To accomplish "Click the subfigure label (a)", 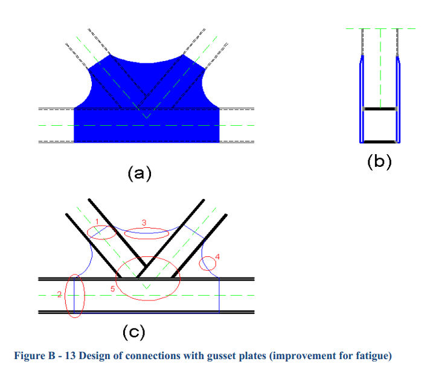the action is (x=140, y=173).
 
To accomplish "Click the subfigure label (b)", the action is (x=379, y=161).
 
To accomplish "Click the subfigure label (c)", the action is (x=133, y=332).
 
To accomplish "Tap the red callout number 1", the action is (x=97, y=221).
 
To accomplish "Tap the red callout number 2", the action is (x=60, y=294).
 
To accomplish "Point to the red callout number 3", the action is (x=144, y=222).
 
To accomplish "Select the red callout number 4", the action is (x=217, y=257).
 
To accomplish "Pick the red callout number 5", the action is (x=112, y=289).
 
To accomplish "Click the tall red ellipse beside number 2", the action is (x=65, y=296).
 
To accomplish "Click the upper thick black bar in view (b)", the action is (x=380, y=109).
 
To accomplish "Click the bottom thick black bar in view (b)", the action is (x=380, y=142).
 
